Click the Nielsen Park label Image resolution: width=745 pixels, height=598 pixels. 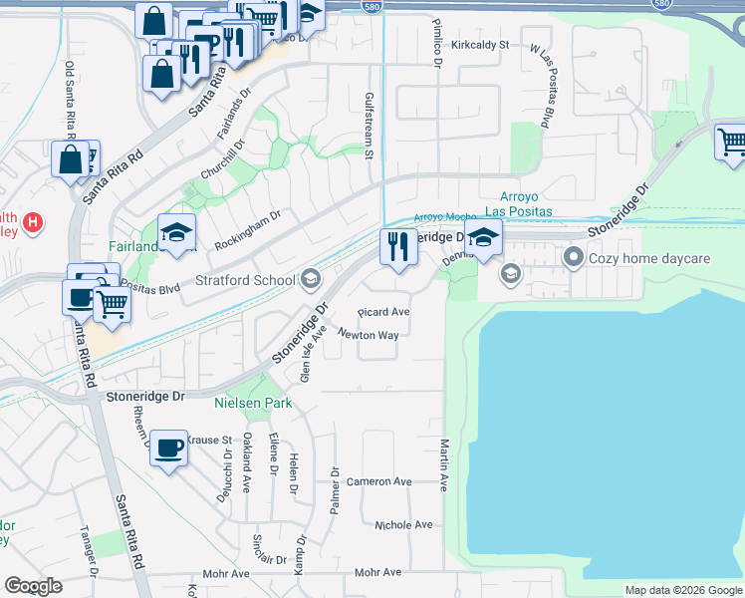pyautogui.click(x=253, y=404)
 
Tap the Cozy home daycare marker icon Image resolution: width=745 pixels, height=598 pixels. pyautogui.click(x=573, y=258)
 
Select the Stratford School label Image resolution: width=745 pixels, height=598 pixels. pyautogui.click(x=245, y=280)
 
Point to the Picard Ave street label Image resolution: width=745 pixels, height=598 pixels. pyautogui.click(x=383, y=312)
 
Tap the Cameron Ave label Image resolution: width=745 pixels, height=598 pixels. pyautogui.click(x=378, y=481)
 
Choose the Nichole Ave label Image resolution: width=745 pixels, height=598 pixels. pyautogui.click(x=403, y=524)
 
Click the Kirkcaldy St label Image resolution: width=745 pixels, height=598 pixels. pyautogui.click(x=479, y=45)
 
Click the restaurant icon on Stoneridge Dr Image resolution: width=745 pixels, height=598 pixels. pyautogui.click(x=398, y=245)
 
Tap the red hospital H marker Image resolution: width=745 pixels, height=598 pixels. pyautogui.click(x=33, y=220)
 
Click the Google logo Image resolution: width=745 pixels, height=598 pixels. pyautogui.click(x=33, y=586)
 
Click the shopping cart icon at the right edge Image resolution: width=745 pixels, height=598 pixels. pyautogui.click(x=731, y=143)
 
